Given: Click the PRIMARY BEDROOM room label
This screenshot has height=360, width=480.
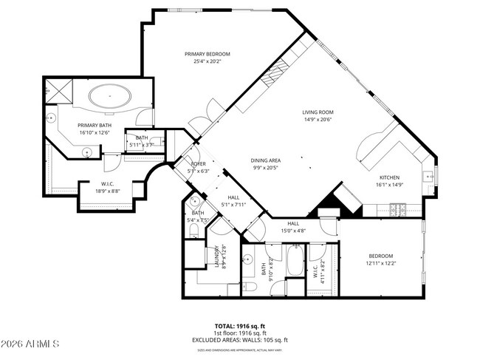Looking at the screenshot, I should click(208, 54).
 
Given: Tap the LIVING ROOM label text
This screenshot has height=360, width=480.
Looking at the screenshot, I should click(318, 112).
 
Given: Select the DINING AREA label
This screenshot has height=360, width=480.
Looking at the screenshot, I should click(265, 160).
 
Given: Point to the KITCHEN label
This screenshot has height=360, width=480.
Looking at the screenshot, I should click(390, 177).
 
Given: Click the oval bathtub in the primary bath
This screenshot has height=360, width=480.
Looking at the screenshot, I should click(111, 97).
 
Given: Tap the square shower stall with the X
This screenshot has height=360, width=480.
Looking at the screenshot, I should click(58, 92).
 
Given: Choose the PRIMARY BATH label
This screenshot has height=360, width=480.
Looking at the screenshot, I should click(94, 126).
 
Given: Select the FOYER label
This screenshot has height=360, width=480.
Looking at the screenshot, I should click(199, 163).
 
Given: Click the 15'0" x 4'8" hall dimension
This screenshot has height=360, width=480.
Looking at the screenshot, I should click(293, 231).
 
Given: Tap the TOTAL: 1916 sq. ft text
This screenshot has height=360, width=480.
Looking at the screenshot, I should click(240, 325).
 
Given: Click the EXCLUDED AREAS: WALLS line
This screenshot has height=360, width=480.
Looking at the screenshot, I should click(240, 339).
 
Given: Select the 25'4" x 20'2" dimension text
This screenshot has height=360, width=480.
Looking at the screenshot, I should click(208, 61).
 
